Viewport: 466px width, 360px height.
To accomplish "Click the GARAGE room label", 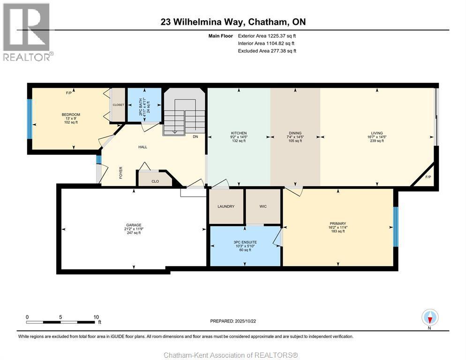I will coord(133,225).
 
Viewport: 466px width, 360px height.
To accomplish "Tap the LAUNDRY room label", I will coord(225,206).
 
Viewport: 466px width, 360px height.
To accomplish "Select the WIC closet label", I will coord(263,206).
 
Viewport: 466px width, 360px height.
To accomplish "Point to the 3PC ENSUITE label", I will coord(245,242).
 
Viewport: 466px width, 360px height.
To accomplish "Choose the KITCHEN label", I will coord(239,133).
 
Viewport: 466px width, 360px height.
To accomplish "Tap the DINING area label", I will coord(295,133).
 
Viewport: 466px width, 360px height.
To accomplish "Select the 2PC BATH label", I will coord(140,102).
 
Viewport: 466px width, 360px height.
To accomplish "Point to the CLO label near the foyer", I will coord(155,180).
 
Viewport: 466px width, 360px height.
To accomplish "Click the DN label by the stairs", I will coord(195,137).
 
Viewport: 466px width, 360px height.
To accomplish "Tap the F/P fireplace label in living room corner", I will coord(428,177).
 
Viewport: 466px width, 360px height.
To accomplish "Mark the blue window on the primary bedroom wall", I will coord(396,226).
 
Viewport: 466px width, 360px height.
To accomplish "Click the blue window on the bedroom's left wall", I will coord(30,119).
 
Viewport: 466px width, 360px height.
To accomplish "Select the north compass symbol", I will coord(430,318).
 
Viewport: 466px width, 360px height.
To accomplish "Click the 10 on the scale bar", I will coord(96,317).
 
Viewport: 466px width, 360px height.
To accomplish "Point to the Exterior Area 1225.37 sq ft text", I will coord(267,36).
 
